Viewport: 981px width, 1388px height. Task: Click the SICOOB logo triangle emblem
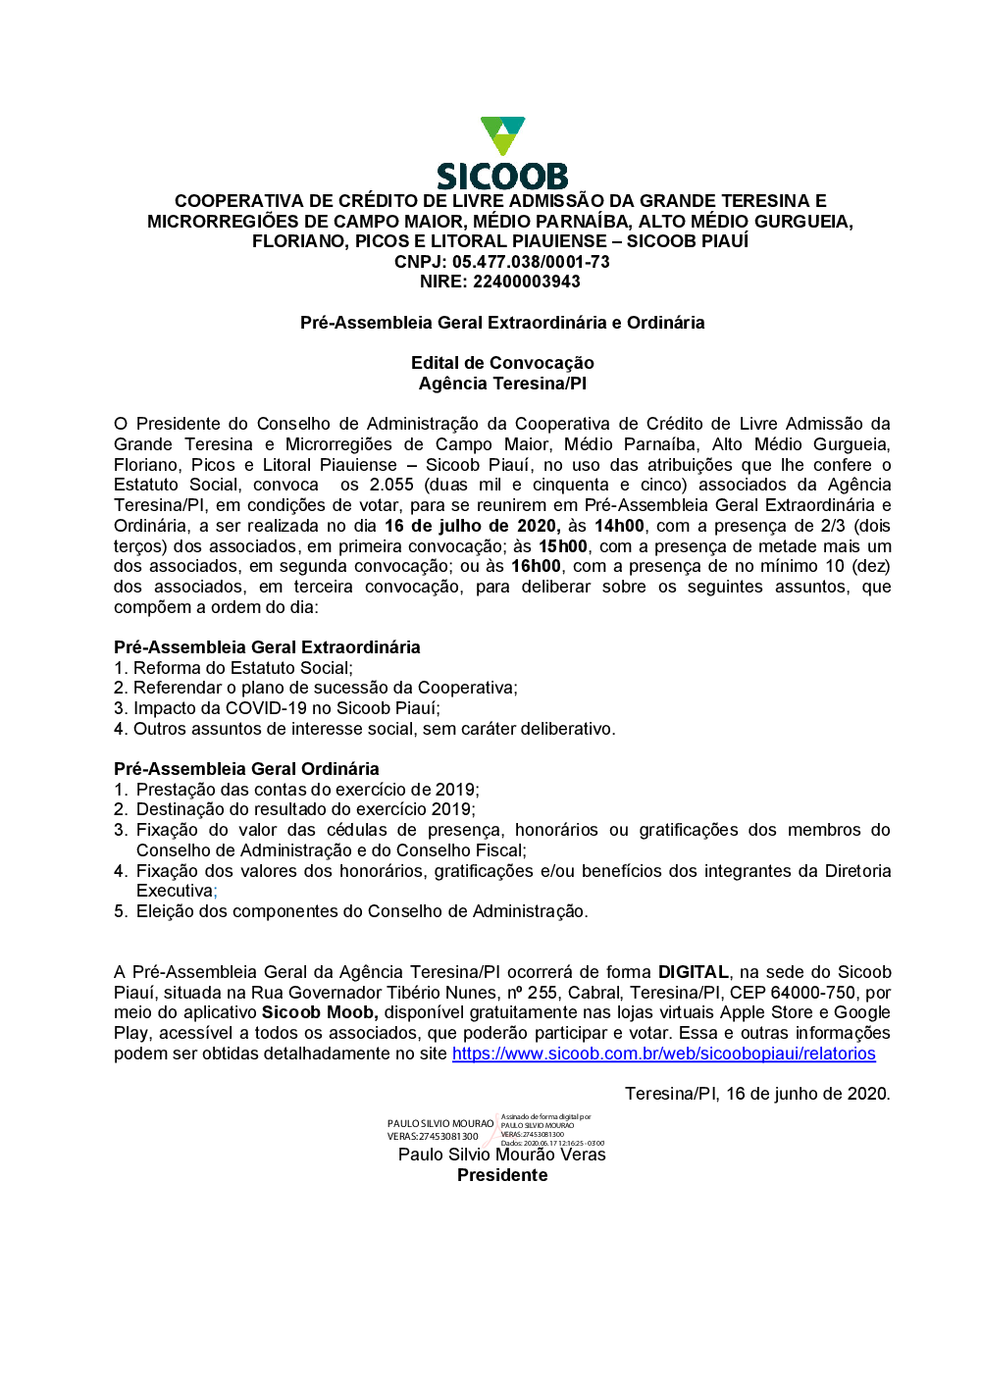(502, 135)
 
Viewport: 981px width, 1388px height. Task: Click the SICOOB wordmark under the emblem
(502, 177)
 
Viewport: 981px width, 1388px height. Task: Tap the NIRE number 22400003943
(527, 282)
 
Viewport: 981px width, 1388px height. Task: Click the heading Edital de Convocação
(502, 363)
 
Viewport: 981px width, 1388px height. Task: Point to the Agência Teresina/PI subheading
(502, 384)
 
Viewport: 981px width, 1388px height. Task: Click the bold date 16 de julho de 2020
(472, 526)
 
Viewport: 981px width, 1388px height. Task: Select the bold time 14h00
(619, 526)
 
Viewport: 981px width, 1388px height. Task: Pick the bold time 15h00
(563, 546)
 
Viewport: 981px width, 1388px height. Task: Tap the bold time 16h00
(536, 566)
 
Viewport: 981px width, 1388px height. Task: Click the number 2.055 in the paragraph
(391, 485)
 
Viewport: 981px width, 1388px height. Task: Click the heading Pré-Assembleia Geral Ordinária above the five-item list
(246, 769)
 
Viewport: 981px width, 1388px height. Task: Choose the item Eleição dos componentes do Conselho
(361, 911)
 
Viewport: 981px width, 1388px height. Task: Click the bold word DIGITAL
(693, 972)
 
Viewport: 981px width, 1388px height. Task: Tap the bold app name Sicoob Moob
(319, 1012)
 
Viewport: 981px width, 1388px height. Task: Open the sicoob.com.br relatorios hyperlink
(663, 1054)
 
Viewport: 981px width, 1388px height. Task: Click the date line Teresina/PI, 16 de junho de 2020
(757, 1094)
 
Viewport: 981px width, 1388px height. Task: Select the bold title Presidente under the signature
(502, 1175)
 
